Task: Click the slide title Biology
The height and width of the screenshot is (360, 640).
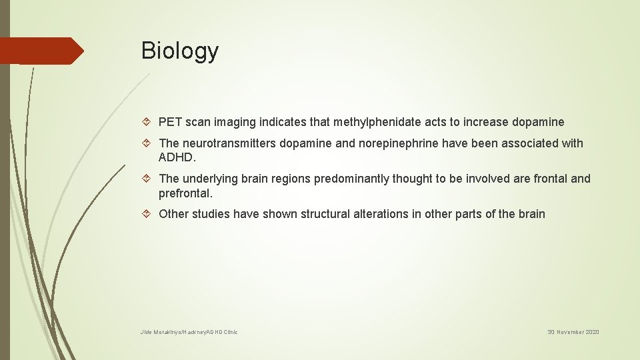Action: [x=179, y=51]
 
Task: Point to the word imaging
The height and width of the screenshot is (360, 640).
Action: [x=244, y=122]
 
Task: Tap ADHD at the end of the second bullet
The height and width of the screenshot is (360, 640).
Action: [x=177, y=158]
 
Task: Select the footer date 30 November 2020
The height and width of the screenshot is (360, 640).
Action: [x=573, y=332]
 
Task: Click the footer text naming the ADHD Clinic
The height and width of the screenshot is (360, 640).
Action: [x=189, y=332]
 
